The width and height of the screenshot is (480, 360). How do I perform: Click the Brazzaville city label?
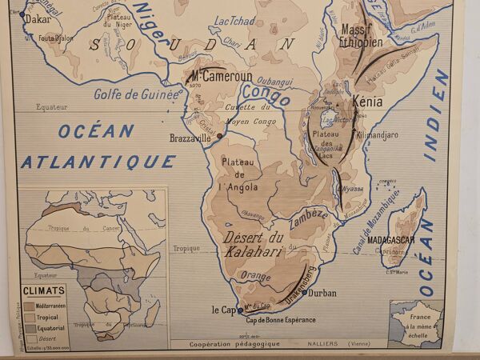click(x=190, y=138)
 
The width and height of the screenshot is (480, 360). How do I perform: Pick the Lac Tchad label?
click(x=235, y=20)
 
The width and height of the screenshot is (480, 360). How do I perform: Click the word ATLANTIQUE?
click(x=98, y=162)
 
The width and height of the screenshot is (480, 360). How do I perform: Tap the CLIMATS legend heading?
click(x=45, y=291)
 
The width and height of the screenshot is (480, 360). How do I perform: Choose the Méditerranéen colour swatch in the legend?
click(x=29, y=306)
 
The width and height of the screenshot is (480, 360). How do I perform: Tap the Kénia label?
click(x=366, y=102)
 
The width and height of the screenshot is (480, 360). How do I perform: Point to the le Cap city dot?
click(x=239, y=310)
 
